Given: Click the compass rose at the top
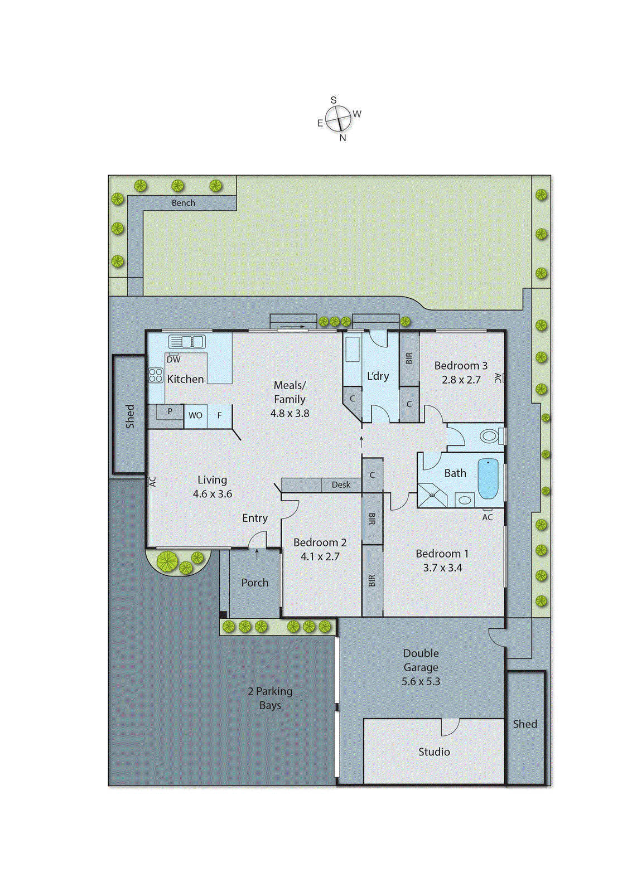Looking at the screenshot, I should tap(338, 118).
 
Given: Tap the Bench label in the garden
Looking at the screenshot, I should tap(183, 203).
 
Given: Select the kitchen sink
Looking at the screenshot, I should tap(187, 342).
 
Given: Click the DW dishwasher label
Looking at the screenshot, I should tap(173, 360).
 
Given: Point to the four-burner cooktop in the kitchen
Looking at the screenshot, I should tap(156, 375).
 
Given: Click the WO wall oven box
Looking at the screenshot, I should tap(195, 415).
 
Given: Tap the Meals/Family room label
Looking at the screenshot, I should tap(290, 392).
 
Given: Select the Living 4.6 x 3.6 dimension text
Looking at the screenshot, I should tap(212, 494).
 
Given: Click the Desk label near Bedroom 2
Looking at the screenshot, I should tap(341, 484).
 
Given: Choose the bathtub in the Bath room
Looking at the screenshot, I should tap(488, 479).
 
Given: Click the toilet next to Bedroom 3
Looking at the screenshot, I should tap(490, 435).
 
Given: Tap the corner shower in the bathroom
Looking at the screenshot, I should tap(432, 495).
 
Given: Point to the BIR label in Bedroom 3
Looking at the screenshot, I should tap(409, 358).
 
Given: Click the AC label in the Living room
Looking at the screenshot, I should tap(152, 481).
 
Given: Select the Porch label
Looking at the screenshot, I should tap(254, 583).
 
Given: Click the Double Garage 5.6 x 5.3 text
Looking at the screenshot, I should tap(421, 667).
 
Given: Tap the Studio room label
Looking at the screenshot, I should tap(434, 752).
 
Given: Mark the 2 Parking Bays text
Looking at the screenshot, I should tap(270, 698).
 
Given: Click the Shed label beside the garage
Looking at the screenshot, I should tap(525, 724).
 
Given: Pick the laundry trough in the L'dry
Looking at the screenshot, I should tap(353, 350).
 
